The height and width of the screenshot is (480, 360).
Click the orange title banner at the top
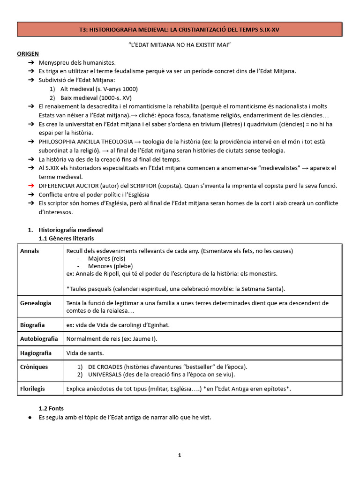(180, 30)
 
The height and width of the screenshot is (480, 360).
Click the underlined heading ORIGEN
(28, 54)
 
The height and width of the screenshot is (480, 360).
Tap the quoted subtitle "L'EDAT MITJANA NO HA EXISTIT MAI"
(180, 45)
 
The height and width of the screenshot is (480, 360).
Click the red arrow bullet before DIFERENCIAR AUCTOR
(31, 186)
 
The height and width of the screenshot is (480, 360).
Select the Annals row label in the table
(30, 251)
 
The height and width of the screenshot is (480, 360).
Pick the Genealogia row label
(36, 303)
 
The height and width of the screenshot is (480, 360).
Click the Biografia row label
(32, 325)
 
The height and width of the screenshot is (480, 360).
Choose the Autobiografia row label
(39, 338)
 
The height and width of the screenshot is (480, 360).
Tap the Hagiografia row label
(36, 353)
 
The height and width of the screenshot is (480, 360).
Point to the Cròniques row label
(34, 367)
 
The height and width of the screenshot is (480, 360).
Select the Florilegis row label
(33, 389)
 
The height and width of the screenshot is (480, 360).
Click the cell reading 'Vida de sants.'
(85, 353)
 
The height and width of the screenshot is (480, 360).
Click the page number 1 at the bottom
(180, 455)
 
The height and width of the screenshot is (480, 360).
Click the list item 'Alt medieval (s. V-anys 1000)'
(99, 89)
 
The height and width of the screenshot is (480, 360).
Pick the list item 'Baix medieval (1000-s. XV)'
(96, 97)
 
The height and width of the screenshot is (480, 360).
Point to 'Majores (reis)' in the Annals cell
(106, 259)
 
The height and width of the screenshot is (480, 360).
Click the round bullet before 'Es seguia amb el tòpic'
(30, 418)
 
